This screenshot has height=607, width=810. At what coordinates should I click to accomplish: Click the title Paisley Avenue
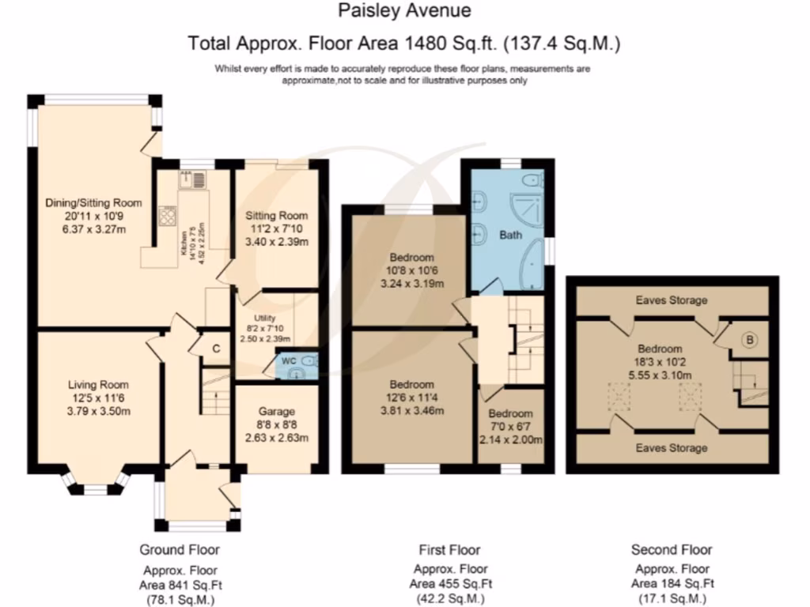click(404, 10)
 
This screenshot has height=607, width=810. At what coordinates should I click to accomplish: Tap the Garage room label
click(276, 411)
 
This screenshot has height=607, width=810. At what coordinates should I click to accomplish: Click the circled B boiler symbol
click(750, 340)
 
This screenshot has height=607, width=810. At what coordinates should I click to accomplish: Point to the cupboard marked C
click(216, 349)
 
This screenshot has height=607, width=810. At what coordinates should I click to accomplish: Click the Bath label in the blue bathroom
click(510, 235)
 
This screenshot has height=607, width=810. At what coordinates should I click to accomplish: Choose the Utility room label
click(264, 318)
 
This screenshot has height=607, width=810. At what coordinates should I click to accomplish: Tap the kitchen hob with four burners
click(168, 216)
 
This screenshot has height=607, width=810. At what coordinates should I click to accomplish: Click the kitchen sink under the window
click(192, 179)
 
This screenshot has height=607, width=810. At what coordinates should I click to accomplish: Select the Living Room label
click(98, 385)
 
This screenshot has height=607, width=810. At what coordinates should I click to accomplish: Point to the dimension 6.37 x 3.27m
click(93, 230)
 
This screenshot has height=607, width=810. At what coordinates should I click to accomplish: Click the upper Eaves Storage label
click(672, 300)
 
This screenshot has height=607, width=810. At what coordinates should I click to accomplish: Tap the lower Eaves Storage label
click(672, 447)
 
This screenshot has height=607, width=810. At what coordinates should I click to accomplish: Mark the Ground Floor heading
click(180, 550)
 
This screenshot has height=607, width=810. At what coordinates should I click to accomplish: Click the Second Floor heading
click(672, 550)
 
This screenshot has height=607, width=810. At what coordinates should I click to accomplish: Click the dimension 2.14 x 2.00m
click(510, 439)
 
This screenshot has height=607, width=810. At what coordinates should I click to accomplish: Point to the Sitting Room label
click(276, 215)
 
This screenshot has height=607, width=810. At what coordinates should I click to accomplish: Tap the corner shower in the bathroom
click(527, 210)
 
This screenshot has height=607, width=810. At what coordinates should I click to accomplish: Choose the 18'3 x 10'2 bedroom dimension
click(660, 362)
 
